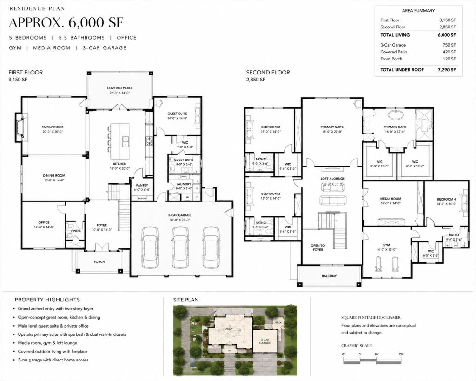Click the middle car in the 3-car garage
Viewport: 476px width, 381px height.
[x=180, y=247]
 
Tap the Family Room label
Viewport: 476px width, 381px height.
[x=53, y=127]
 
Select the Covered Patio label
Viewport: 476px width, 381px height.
[x=120, y=88]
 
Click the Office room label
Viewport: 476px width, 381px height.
[x=44, y=222]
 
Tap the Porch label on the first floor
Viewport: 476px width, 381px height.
[x=99, y=261]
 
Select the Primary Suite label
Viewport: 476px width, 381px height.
[x=332, y=127]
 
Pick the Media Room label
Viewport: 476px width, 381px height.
[x=390, y=199]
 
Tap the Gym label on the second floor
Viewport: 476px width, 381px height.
[x=386, y=245]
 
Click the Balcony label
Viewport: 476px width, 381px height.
[x=329, y=276]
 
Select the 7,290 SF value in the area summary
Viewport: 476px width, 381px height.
[x=446, y=69]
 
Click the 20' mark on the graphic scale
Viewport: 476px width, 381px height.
[x=401, y=354]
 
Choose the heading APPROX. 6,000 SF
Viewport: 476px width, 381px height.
[x=66, y=22]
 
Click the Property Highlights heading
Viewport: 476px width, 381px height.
[x=47, y=300]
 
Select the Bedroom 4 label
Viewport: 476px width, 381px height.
[x=446, y=199]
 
